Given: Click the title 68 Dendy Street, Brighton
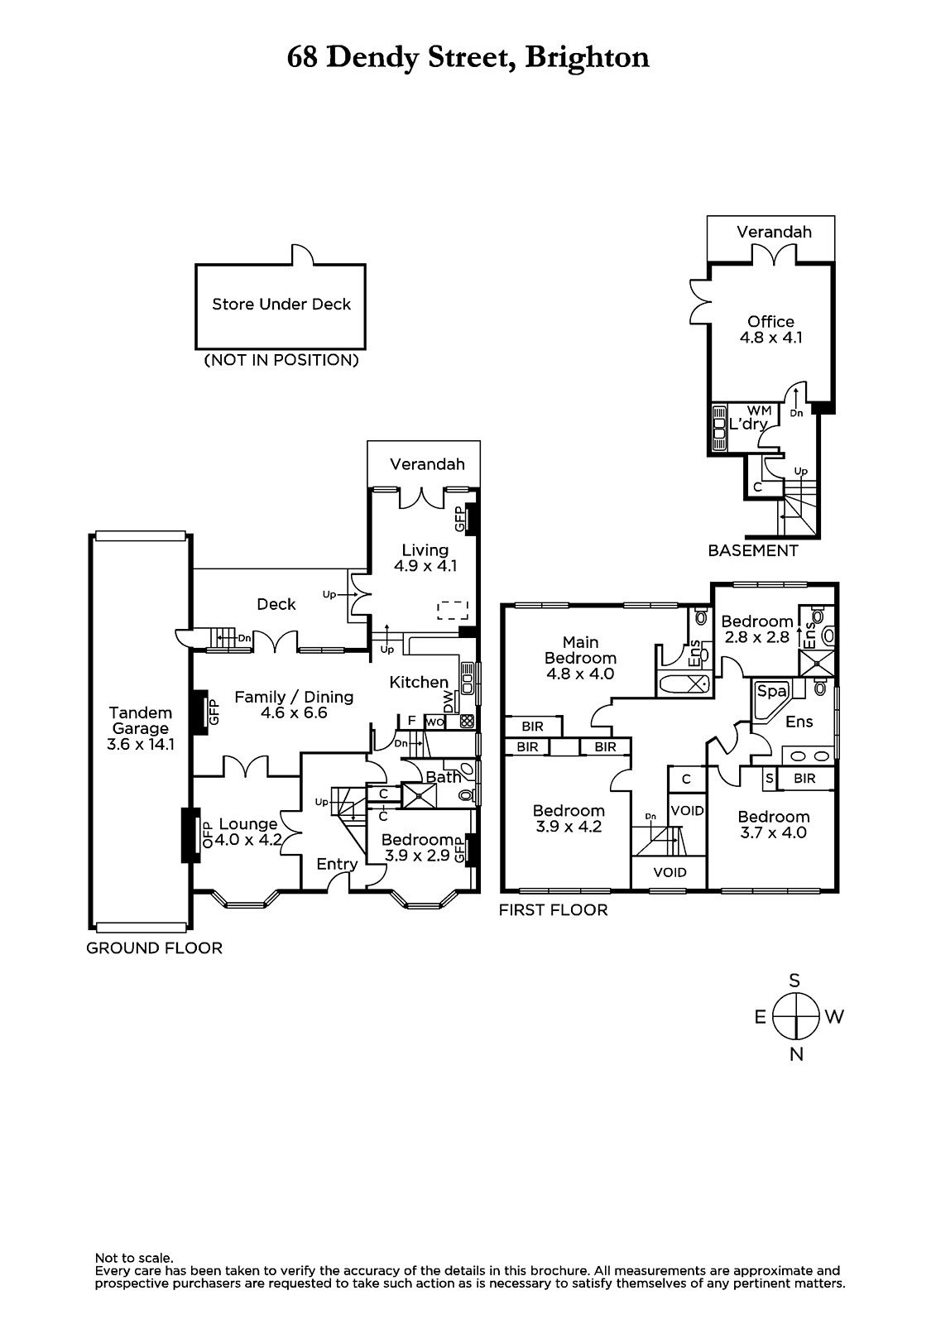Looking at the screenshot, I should point(468,57).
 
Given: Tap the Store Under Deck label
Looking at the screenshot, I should point(281,305).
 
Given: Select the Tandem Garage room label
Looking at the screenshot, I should point(140,728).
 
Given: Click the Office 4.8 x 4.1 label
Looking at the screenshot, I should point(770,329).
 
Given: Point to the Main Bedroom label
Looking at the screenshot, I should point(580,658).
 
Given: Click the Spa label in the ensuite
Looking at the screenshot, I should point(770,689).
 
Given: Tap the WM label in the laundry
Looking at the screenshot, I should point(759,410).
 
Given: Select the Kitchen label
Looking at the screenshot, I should point(419,682).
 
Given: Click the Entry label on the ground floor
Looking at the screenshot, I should point(337,864).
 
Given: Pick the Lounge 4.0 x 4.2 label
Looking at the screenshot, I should point(248,832).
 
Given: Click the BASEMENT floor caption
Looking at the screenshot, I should point(753,550).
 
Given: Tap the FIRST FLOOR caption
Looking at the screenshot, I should point(553,910).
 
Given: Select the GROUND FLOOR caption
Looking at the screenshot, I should point(155,948).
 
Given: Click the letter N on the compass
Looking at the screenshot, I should point(796,1054).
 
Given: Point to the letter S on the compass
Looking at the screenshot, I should point(794,981).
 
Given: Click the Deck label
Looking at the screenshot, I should point(276,604).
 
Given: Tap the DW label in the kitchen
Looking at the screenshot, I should point(449,703).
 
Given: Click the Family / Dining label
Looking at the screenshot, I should point(294,704).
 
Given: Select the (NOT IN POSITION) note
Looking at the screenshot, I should point(281,360).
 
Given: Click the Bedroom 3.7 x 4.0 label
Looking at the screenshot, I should point(773,825).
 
